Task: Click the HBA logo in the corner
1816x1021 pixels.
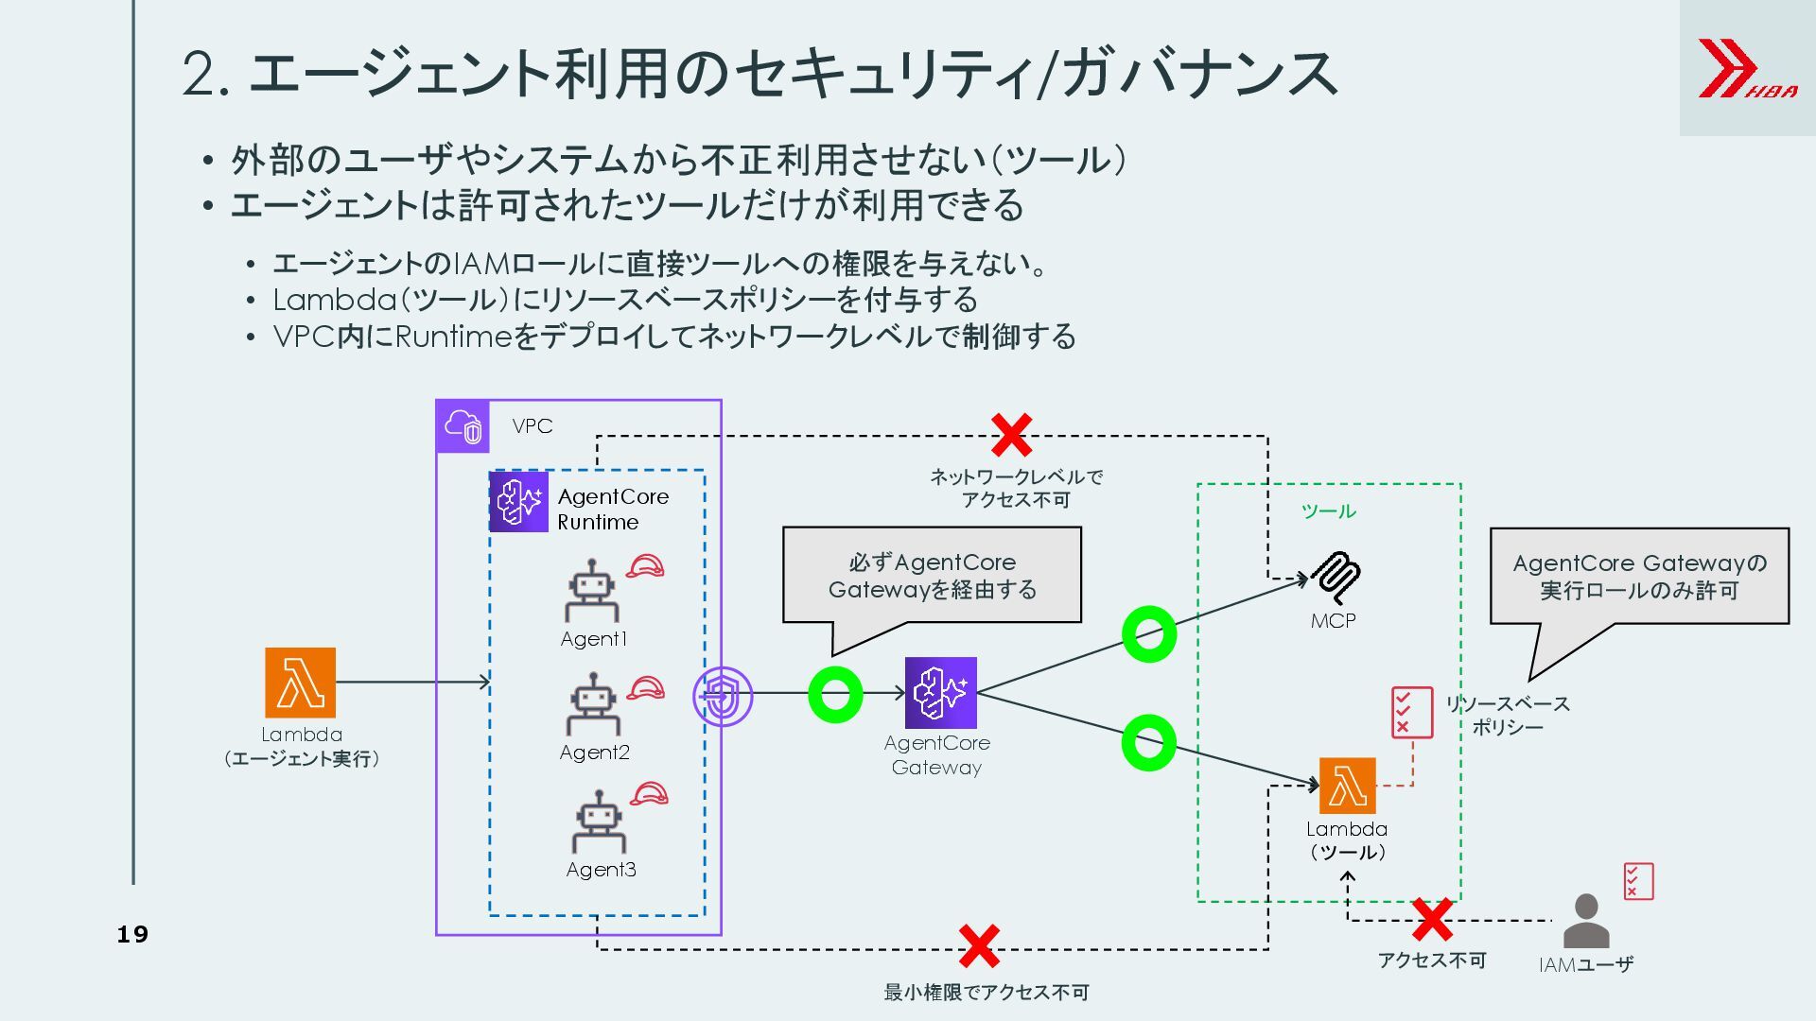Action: (x=1746, y=68)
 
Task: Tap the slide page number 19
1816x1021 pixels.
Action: (x=132, y=935)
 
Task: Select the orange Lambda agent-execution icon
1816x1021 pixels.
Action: (x=300, y=683)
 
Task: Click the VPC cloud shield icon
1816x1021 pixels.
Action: (x=463, y=426)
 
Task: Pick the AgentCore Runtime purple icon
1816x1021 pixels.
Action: (x=518, y=502)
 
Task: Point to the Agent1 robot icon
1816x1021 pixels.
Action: (x=592, y=591)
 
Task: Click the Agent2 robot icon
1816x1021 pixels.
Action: (x=593, y=704)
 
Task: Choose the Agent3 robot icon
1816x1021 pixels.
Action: (x=599, y=822)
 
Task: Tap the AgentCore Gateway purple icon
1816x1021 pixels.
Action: (x=940, y=693)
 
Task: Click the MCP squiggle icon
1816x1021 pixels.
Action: (x=1336, y=578)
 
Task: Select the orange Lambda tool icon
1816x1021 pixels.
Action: (x=1347, y=786)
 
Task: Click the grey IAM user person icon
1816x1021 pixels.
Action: (x=1586, y=921)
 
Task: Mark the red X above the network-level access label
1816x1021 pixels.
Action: (x=1011, y=435)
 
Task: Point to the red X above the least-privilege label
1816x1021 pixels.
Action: (x=979, y=946)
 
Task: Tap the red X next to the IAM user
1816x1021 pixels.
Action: (x=1432, y=920)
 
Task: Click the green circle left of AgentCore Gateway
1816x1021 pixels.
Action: (x=835, y=694)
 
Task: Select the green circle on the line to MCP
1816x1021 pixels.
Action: (x=1149, y=633)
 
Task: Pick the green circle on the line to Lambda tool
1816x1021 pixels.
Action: (x=1148, y=742)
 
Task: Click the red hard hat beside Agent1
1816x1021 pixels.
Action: (x=645, y=566)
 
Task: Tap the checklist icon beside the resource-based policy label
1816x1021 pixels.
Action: (x=1411, y=713)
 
